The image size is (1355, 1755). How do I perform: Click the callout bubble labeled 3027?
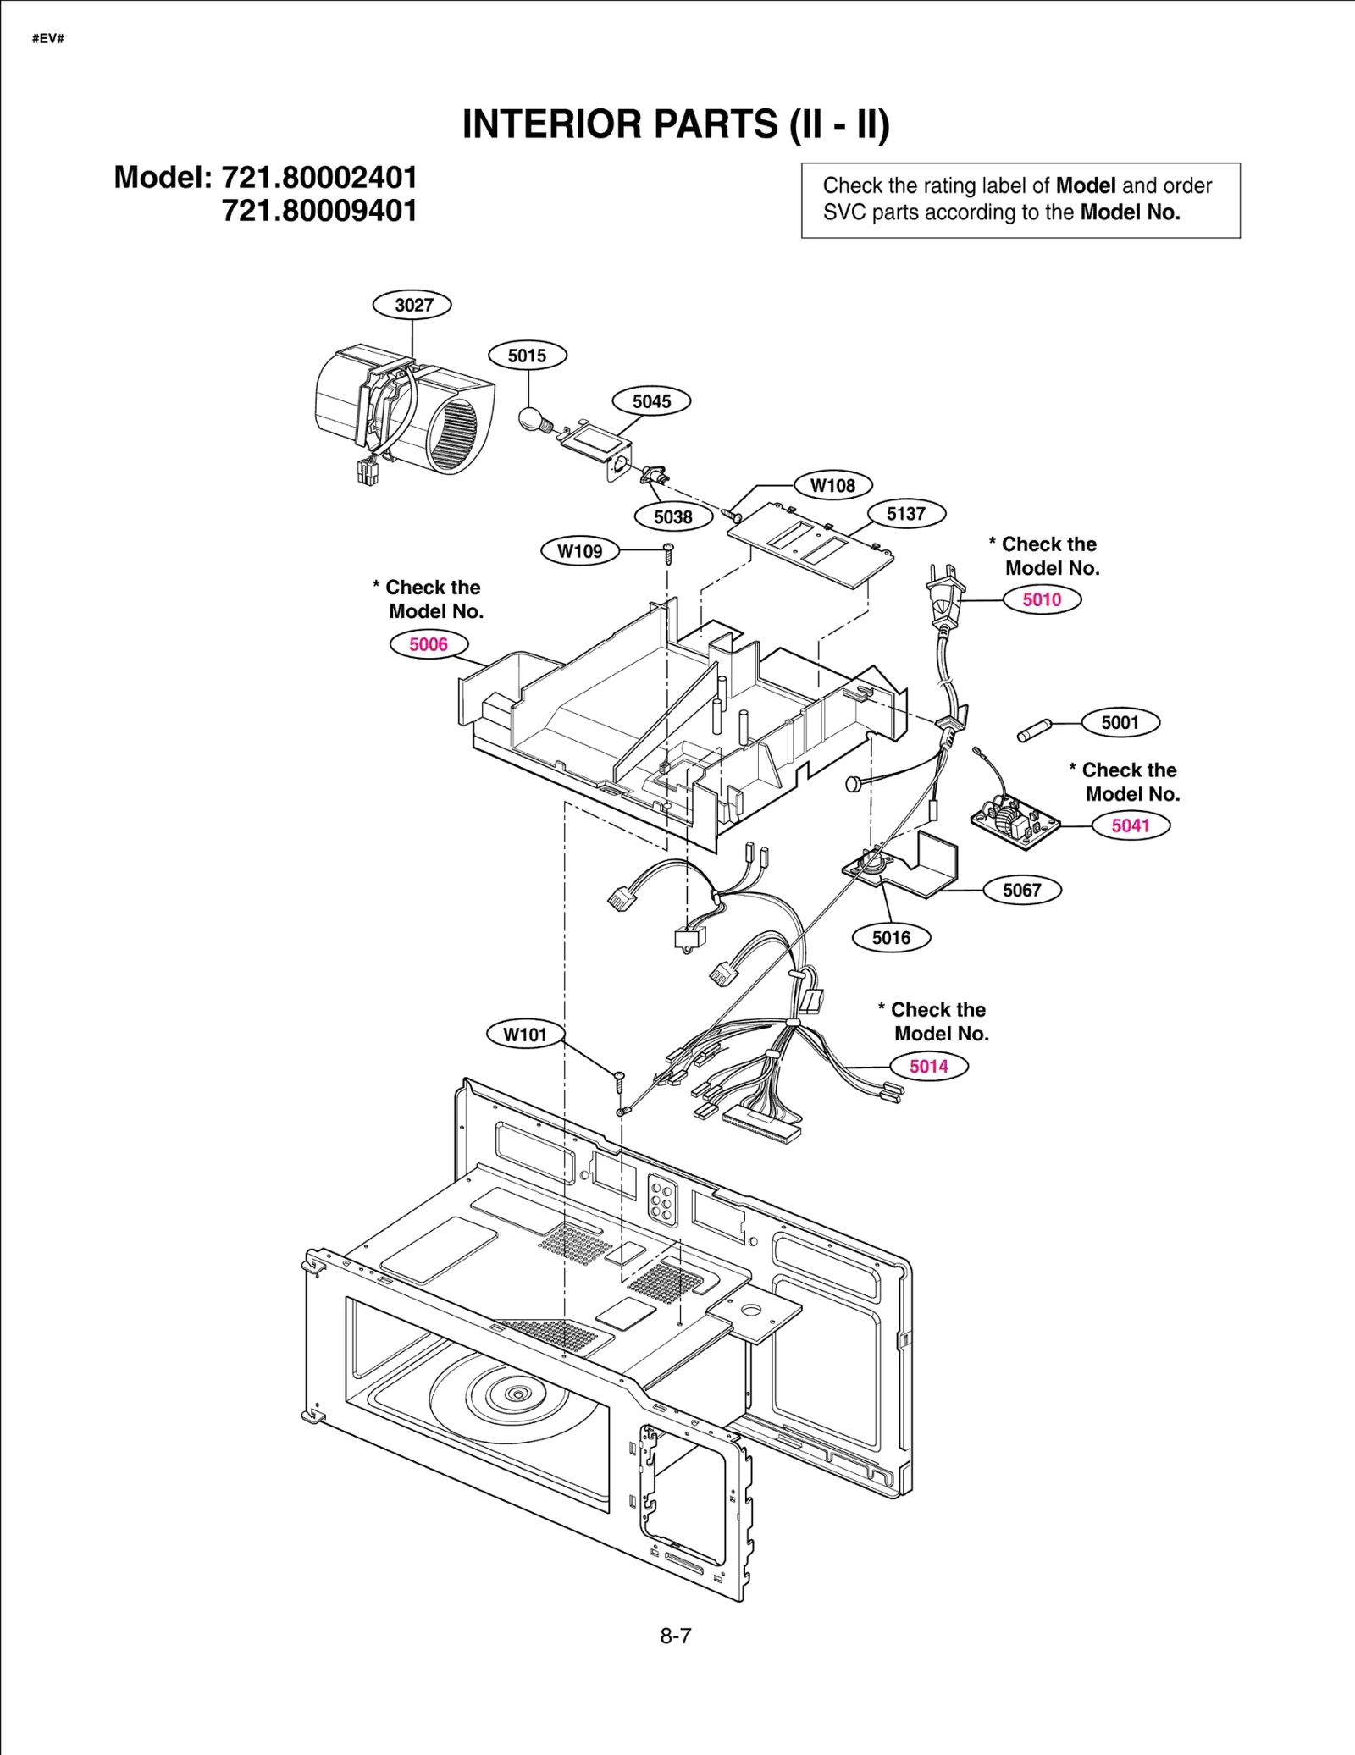(x=412, y=305)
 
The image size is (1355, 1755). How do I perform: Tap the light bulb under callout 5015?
(x=531, y=418)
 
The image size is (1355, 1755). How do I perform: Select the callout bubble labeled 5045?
(x=651, y=401)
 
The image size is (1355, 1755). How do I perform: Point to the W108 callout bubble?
(x=832, y=485)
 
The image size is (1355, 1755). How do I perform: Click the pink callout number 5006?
(x=429, y=644)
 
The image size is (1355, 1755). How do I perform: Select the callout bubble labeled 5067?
(x=1021, y=890)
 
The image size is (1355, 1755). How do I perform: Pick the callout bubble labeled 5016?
(x=891, y=937)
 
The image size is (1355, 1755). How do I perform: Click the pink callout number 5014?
(x=928, y=1066)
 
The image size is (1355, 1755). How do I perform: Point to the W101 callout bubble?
(x=525, y=1034)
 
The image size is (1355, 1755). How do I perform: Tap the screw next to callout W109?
(x=668, y=553)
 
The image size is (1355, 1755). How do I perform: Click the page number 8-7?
(x=676, y=1636)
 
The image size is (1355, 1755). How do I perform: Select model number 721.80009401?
(x=319, y=211)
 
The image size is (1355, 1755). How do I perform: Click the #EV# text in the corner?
(x=48, y=39)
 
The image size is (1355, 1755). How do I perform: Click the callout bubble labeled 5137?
(x=906, y=513)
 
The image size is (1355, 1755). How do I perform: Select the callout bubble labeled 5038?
(x=673, y=516)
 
